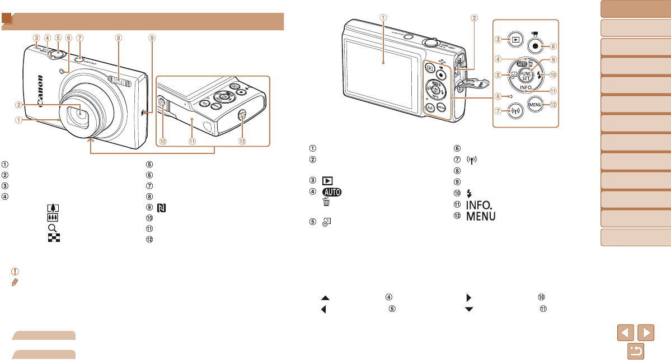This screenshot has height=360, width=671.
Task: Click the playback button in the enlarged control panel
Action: click(513, 40)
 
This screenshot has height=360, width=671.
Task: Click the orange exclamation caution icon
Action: click(15, 272)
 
